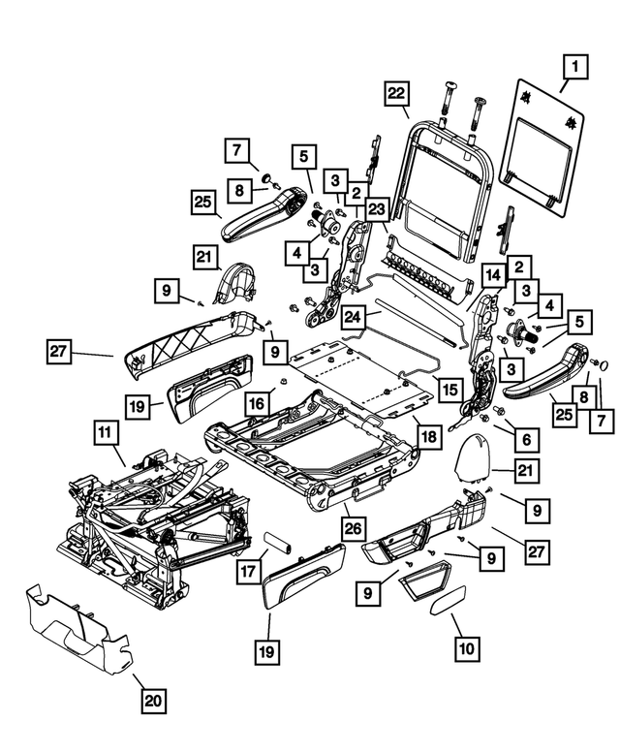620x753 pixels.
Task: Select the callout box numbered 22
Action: (395, 94)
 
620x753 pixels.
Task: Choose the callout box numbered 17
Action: (249, 573)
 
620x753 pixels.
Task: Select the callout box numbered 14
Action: (491, 276)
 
